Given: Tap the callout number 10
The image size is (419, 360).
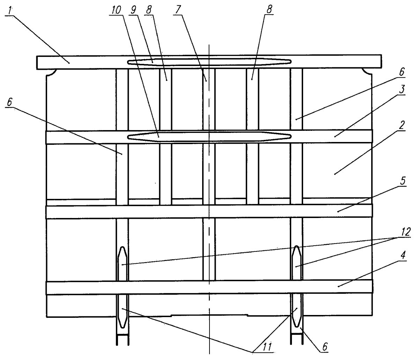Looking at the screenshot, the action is [x=116, y=10].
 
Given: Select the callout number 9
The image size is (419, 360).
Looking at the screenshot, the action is [x=133, y=10].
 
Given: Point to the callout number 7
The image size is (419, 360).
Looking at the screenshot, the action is [x=178, y=10].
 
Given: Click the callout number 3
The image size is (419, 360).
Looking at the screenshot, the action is [x=402, y=89].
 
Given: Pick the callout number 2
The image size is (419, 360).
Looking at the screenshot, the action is [x=402, y=125].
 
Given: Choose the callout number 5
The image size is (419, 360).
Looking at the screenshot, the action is [x=403, y=181].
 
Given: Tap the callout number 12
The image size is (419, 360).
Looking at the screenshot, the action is [x=405, y=232].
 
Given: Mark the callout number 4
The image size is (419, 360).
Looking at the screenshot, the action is [x=403, y=255].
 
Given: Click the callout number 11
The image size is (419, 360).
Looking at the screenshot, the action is [x=267, y=347].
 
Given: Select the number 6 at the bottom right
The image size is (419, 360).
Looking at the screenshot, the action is [x=325, y=347].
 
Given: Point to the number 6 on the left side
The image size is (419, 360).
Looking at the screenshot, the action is [x=9, y=102].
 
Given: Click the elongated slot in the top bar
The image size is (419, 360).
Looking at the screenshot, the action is [x=209, y=61].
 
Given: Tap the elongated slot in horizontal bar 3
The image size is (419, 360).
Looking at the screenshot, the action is [x=209, y=137].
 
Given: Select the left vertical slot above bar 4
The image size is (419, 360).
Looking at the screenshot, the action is [x=122, y=264].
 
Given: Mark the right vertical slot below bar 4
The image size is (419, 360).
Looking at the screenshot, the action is [x=296, y=310].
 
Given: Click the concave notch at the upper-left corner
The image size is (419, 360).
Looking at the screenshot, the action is [x=51, y=73].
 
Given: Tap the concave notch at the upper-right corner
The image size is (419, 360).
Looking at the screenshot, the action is [x=367, y=72].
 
